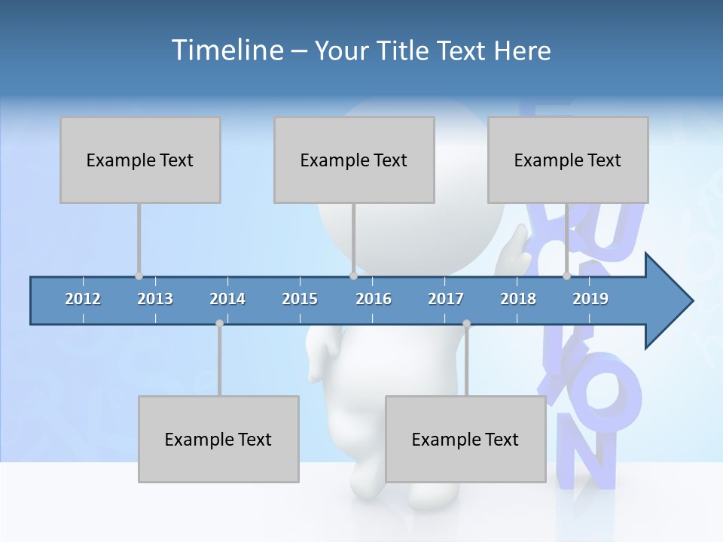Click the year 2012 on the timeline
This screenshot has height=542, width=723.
(x=83, y=299)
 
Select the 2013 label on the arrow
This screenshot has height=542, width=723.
(x=155, y=299)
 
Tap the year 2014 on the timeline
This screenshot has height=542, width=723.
(x=227, y=299)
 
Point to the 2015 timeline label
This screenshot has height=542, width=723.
(x=300, y=299)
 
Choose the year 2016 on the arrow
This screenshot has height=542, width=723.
(x=374, y=299)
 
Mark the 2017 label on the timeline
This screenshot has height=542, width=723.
(x=446, y=299)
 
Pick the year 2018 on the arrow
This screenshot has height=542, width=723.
(x=518, y=299)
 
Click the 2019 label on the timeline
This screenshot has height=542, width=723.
(x=590, y=299)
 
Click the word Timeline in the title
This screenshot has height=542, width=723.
(x=226, y=50)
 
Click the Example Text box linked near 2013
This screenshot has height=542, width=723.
(x=140, y=160)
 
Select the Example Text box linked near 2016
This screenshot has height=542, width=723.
(x=354, y=160)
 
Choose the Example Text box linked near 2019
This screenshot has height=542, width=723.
(x=568, y=160)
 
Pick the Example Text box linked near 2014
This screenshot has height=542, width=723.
(x=218, y=439)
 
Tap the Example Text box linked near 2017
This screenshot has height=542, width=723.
(x=465, y=439)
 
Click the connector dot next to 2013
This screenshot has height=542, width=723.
(x=139, y=276)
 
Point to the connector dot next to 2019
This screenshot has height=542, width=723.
(x=566, y=276)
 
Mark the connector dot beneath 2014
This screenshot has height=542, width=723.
(x=219, y=323)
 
